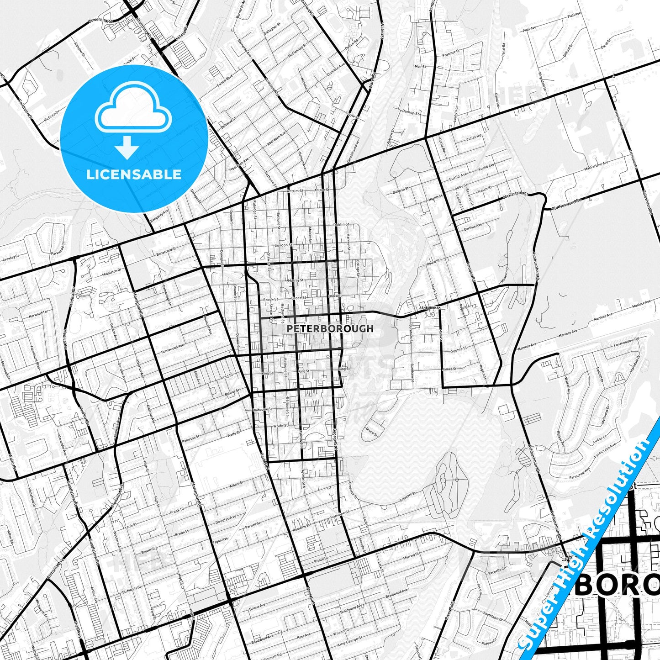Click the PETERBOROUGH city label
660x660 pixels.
tap(330, 328)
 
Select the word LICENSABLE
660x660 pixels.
tap(134, 174)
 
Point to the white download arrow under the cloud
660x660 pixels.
tap(127, 147)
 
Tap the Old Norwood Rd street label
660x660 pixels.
tap(566, 204)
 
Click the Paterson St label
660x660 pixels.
tap(191, 438)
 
